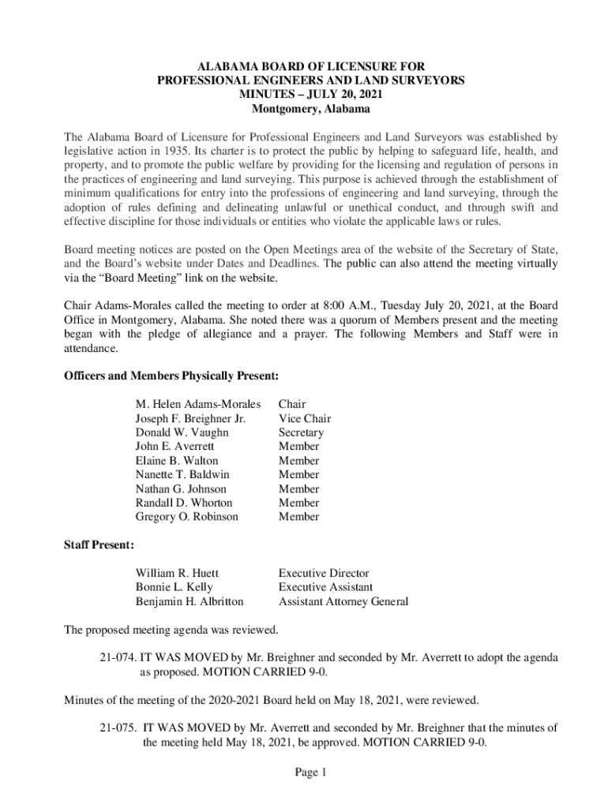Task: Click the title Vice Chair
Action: click(x=304, y=419)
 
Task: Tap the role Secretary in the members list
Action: click(x=301, y=433)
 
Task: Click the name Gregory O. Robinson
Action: click(x=186, y=517)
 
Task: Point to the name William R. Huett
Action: click(x=177, y=573)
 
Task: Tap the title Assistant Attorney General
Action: click(x=343, y=601)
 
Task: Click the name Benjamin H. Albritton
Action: click(x=190, y=601)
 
